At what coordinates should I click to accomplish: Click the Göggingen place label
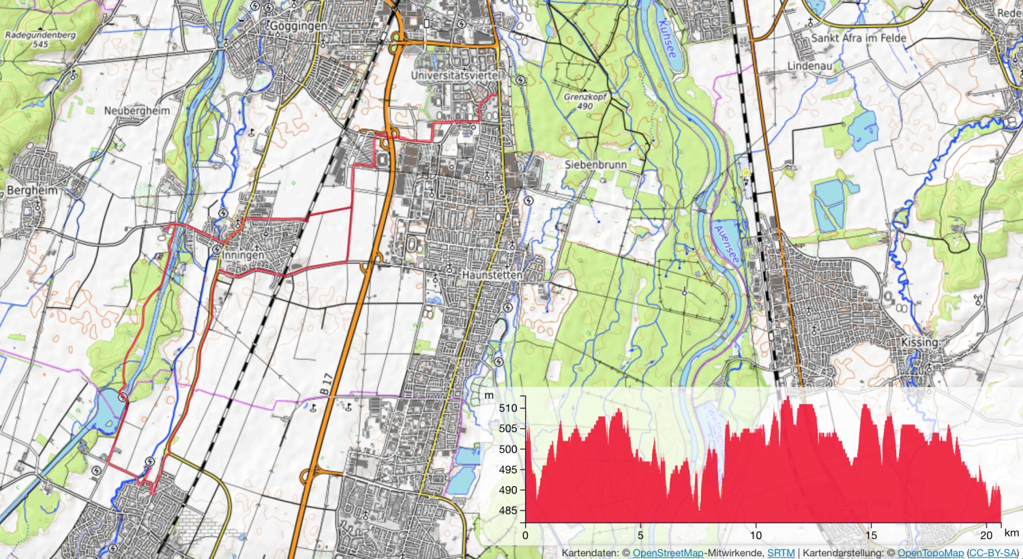point(298,26)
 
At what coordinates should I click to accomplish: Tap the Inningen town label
point(243,255)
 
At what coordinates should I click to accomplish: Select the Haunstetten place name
point(492,275)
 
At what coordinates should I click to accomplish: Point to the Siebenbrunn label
point(595,164)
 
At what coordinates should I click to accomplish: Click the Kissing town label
point(919,342)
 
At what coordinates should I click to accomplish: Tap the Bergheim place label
point(32,190)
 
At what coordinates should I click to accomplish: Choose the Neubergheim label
point(137,110)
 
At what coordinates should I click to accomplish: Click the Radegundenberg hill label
point(40,35)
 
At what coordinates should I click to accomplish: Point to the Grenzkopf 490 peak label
point(585,102)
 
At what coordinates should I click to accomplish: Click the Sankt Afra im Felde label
point(859,38)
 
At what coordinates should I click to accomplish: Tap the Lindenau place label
point(810,66)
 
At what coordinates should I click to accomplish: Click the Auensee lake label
point(726,244)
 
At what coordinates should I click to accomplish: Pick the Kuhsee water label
point(668,37)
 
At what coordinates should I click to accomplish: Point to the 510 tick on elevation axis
point(508,408)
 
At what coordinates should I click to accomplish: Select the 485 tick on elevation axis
point(508,511)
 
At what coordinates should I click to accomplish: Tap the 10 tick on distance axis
point(756,535)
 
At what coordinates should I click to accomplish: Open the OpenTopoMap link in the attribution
point(930,553)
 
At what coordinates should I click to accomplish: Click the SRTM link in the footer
point(781,553)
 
